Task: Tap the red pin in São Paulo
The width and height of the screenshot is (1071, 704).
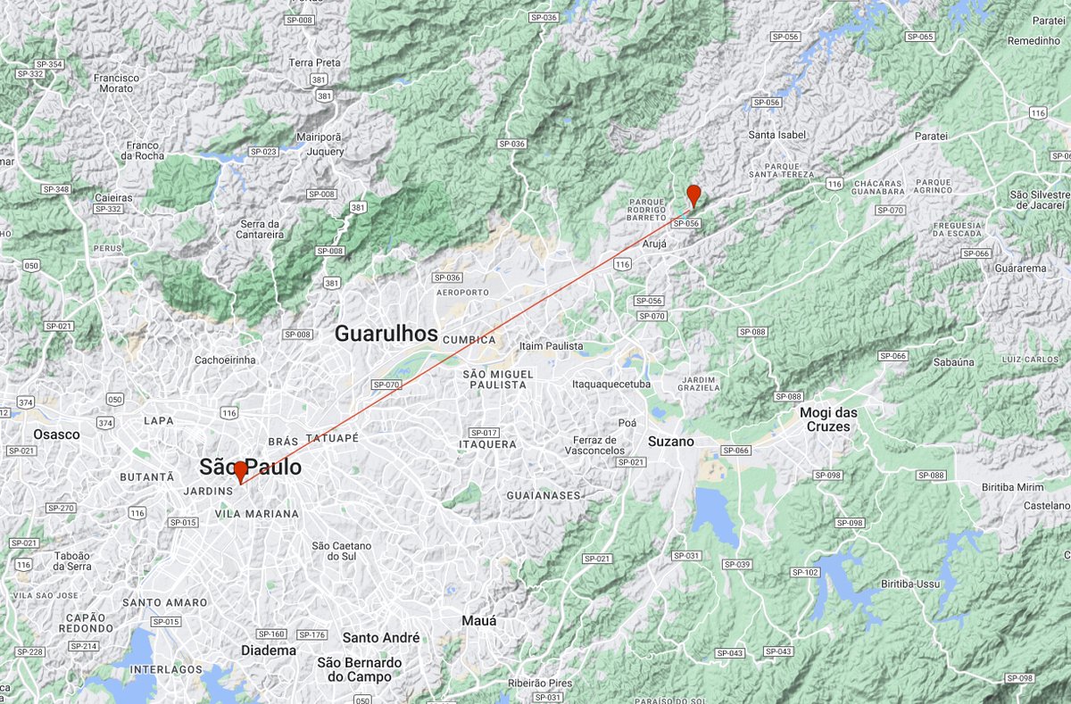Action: click(240, 471)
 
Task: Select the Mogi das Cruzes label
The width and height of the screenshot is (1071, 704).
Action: click(824, 419)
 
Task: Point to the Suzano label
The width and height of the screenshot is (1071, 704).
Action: click(670, 442)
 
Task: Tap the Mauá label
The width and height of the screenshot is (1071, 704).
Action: click(479, 620)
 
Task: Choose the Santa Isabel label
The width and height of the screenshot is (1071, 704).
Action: click(777, 136)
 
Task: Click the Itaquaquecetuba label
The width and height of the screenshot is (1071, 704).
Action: click(611, 385)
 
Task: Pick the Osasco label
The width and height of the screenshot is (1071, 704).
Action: click(56, 435)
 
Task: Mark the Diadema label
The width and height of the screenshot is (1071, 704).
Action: click(269, 650)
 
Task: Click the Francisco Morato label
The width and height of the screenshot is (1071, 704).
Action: click(117, 83)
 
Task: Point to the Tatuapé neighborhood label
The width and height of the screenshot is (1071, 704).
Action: click(332, 439)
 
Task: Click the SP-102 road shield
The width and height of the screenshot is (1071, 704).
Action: click(805, 572)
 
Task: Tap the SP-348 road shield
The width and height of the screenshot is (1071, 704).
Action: click(55, 189)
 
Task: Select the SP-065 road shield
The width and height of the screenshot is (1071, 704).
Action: click(919, 37)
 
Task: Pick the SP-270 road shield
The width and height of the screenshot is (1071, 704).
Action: click(61, 508)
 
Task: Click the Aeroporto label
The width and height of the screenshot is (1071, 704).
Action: click(461, 293)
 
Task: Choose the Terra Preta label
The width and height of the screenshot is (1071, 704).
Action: click(315, 63)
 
